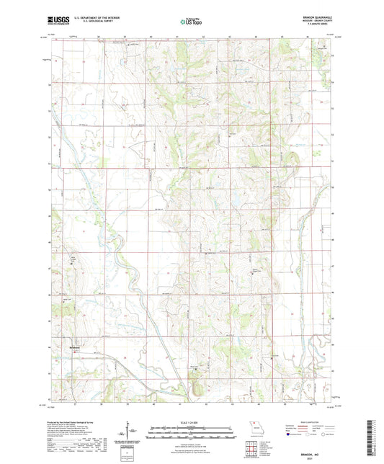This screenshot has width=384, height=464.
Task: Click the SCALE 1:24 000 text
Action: tap(192, 422)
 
